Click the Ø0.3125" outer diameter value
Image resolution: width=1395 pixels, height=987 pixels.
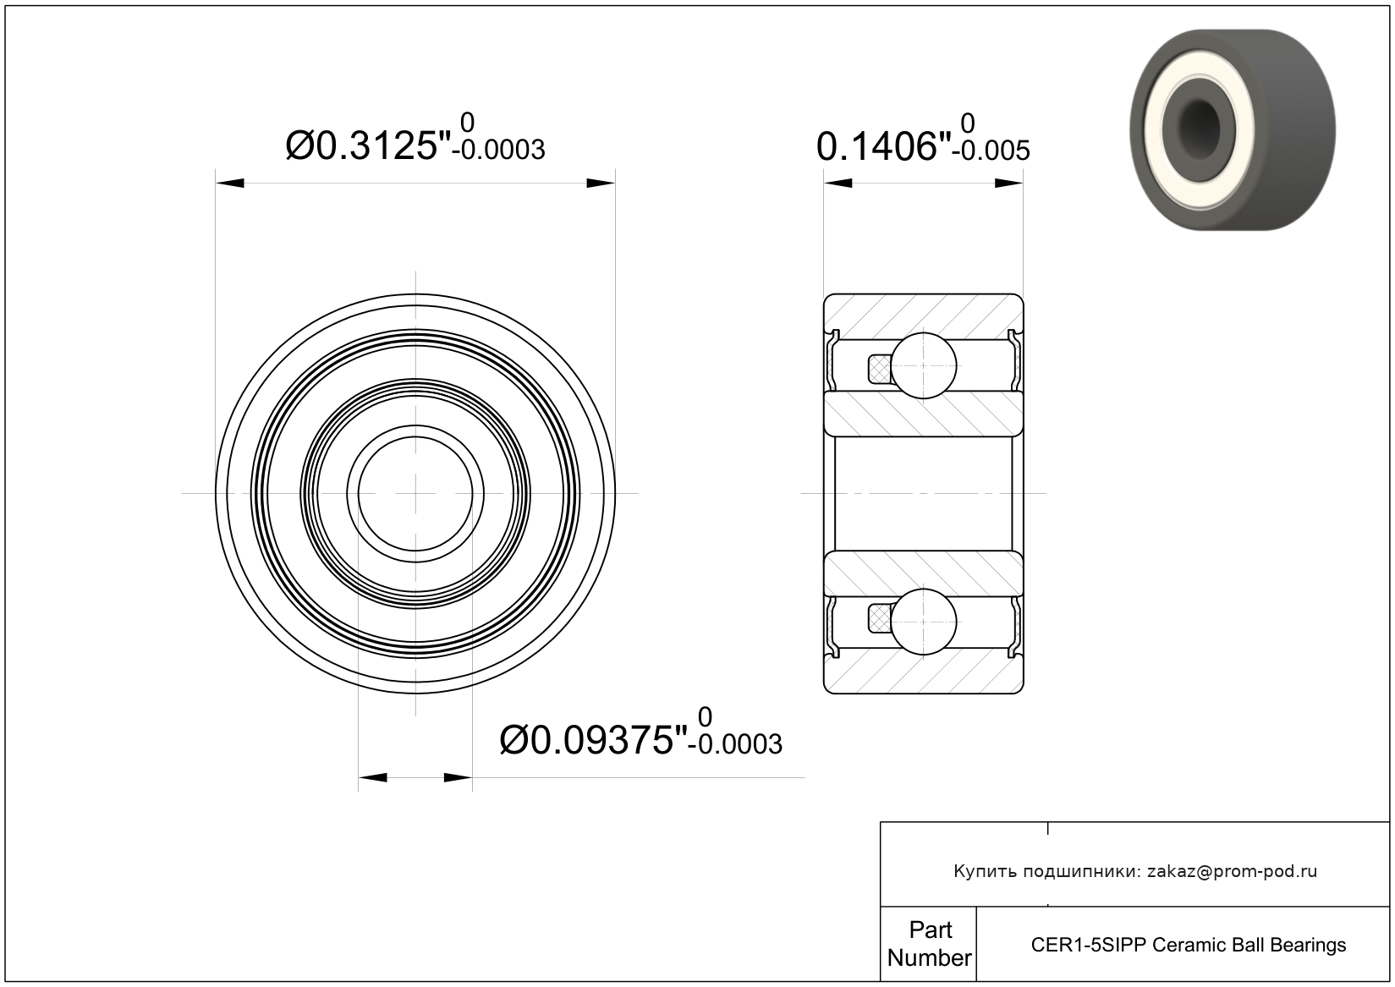click(368, 145)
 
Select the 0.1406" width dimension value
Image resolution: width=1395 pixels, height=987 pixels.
click(883, 147)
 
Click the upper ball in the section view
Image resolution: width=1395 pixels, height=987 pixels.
click(923, 365)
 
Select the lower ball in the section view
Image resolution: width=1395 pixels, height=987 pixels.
click(923, 622)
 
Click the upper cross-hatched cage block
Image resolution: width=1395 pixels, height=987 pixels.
click(880, 369)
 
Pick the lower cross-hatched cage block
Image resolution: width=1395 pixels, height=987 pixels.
click(880, 619)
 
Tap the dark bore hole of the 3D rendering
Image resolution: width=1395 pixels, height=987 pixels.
click(1199, 121)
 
